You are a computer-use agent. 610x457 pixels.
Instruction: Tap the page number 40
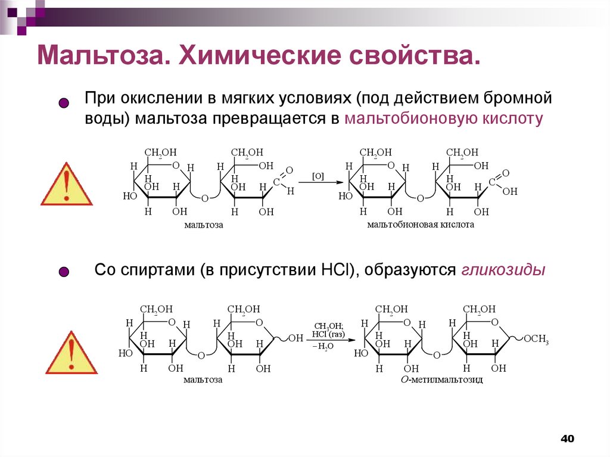(567, 439)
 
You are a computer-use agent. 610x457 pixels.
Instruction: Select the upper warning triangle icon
(66, 185)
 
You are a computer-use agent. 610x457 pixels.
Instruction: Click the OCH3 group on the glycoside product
(536, 339)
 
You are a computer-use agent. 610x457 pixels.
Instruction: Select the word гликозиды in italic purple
(503, 270)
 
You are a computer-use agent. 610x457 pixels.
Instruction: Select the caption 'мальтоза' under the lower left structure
(203, 379)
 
